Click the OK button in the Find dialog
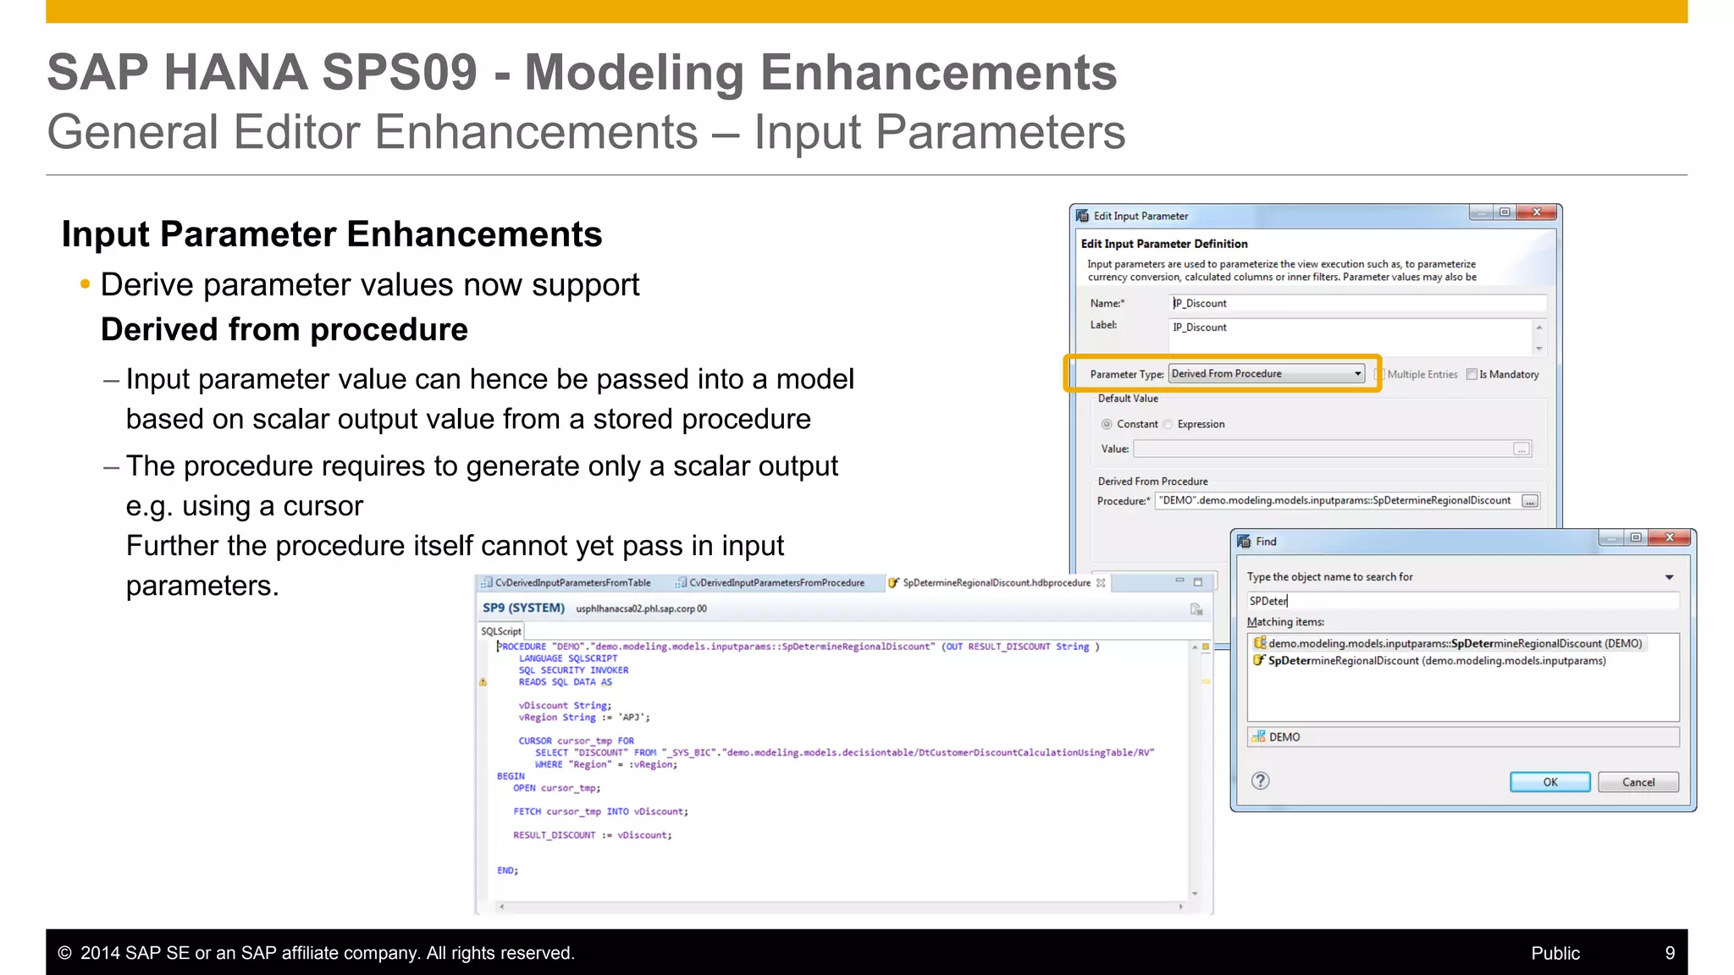(x=1549, y=782)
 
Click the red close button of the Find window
(x=1670, y=538)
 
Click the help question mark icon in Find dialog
(x=1261, y=781)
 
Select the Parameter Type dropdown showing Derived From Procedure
(x=1267, y=374)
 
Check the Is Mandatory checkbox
(x=1472, y=374)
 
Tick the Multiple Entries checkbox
(x=1379, y=374)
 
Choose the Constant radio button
(x=1107, y=424)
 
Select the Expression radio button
(x=1168, y=424)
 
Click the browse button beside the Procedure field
(x=1530, y=501)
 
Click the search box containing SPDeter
(x=1461, y=601)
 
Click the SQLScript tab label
(x=501, y=631)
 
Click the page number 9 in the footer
(x=1670, y=953)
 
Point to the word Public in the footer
(x=1555, y=953)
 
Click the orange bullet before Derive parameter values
(x=85, y=285)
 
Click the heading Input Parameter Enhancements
(x=332, y=234)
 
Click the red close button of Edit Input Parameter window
(x=1537, y=212)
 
